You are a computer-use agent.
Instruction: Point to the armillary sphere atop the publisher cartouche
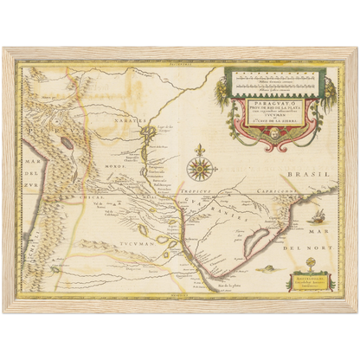pyautogui.click(x=310, y=263)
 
